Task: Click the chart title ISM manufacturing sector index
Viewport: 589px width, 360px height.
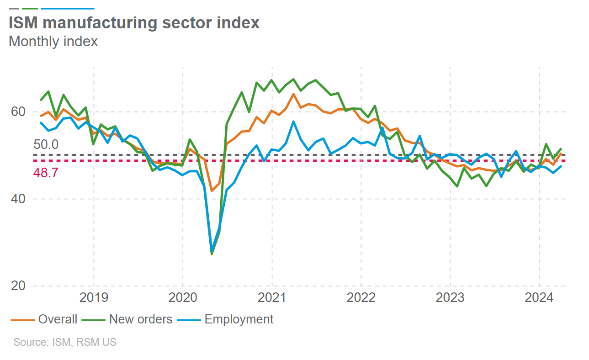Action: [x=134, y=22]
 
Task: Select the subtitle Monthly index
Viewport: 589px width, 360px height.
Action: [x=53, y=41]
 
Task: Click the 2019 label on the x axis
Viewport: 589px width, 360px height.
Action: [x=94, y=298]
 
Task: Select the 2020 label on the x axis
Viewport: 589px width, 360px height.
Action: [x=183, y=298]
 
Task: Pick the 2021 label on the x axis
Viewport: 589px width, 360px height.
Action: [x=272, y=298]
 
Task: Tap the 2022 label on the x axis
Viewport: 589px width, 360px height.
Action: [x=361, y=298]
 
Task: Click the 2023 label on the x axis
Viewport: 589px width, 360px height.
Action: [x=450, y=298]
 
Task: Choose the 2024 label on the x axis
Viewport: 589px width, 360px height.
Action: [x=539, y=298]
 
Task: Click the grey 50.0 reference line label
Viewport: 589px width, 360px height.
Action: [x=46, y=145]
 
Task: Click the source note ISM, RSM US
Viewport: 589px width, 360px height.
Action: [x=65, y=342]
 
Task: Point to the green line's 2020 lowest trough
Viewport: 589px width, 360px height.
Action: [x=212, y=254]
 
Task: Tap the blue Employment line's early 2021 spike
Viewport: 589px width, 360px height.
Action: [x=293, y=122]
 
